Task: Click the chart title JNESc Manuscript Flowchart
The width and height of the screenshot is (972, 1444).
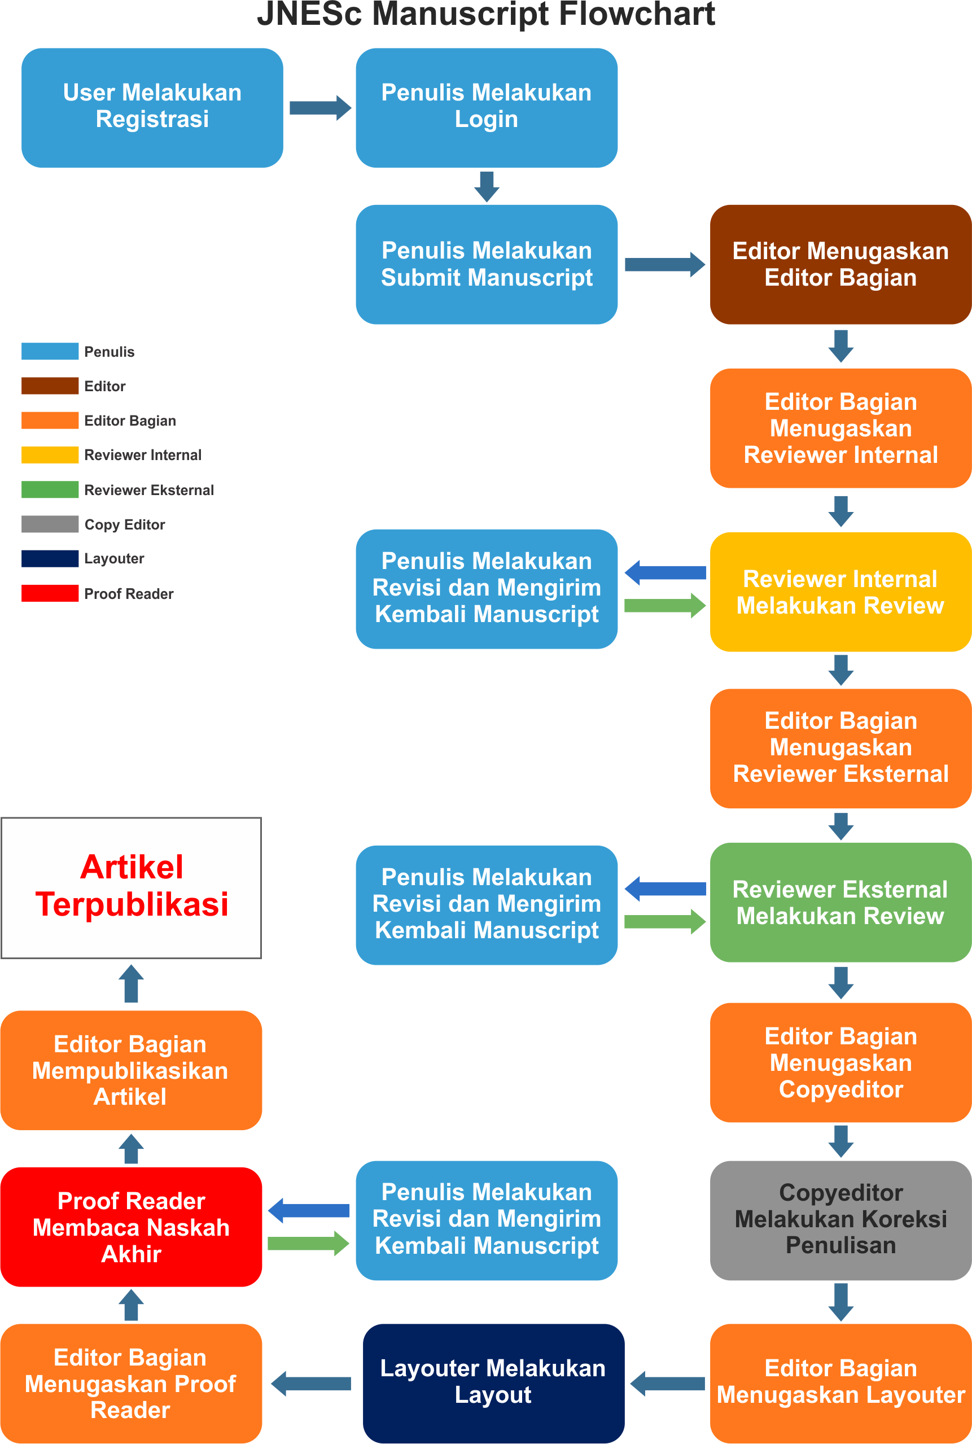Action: (x=486, y=14)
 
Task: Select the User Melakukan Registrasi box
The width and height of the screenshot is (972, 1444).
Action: (x=152, y=107)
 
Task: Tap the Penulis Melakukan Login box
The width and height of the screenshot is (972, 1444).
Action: (x=486, y=107)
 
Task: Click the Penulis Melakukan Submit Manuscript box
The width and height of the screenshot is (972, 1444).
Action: (x=486, y=264)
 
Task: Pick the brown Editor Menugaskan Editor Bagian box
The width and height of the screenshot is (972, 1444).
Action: (x=840, y=264)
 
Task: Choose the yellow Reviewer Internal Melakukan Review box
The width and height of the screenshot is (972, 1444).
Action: (x=840, y=592)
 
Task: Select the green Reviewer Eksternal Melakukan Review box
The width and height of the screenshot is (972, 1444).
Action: (x=840, y=902)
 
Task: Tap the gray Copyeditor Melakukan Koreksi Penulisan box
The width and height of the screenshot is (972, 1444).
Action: (x=840, y=1219)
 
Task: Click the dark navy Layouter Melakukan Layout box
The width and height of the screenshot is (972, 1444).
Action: (x=493, y=1382)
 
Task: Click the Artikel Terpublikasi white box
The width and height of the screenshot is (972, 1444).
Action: (x=131, y=887)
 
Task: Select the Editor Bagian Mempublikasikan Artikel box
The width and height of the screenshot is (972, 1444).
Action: (x=131, y=1070)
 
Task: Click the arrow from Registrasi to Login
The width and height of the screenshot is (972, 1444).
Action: (x=320, y=108)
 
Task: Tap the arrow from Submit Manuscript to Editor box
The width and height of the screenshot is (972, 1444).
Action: (x=664, y=265)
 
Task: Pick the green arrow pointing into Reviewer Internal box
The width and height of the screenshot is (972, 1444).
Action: (x=664, y=605)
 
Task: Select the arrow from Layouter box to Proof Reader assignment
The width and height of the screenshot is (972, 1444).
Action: (x=311, y=1383)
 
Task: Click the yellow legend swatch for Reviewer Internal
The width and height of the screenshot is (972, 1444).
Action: (x=50, y=454)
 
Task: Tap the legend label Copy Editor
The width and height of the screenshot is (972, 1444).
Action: (x=125, y=524)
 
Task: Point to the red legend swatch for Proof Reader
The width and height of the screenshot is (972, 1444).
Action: (x=50, y=593)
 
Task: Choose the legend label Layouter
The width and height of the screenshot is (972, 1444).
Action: (x=114, y=559)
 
